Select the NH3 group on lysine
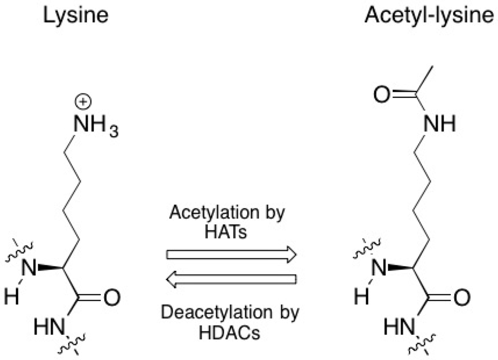coord(95,127)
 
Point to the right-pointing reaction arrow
coord(231,255)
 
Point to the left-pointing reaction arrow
coord(231,279)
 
